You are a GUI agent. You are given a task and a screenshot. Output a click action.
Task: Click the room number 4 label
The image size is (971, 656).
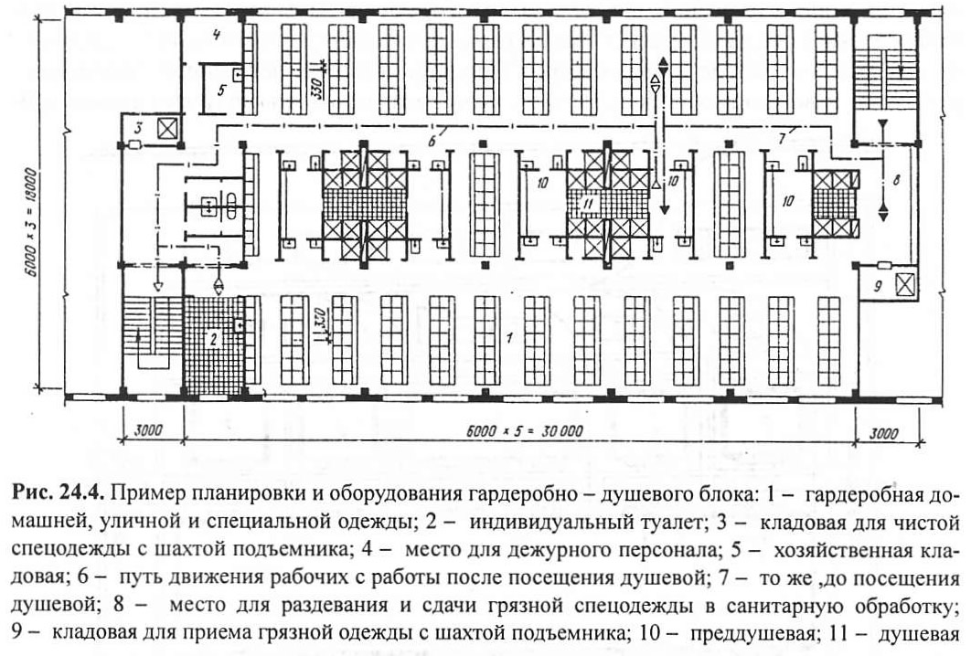click(x=216, y=35)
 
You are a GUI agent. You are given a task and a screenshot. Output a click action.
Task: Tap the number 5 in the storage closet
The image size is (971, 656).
click(x=221, y=90)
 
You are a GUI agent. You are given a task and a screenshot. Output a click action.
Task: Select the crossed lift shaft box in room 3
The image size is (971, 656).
click(x=167, y=130)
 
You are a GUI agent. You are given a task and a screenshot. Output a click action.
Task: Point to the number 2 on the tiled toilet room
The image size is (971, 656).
click(x=214, y=339)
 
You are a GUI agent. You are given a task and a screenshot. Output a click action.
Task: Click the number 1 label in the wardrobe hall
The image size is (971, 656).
click(x=509, y=338)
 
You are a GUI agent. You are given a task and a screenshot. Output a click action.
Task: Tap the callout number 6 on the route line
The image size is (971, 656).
click(x=432, y=141)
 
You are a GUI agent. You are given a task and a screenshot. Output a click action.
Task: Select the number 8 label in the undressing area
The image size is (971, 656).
click(x=896, y=181)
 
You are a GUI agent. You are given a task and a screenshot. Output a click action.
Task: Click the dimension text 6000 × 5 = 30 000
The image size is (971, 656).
click(x=524, y=431)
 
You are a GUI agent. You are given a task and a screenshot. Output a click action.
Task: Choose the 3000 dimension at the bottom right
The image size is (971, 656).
click(x=884, y=433)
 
